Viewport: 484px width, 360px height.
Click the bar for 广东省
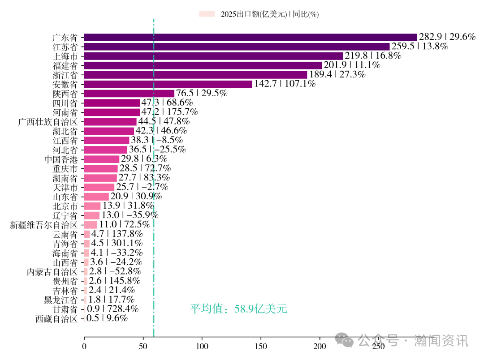[251, 37]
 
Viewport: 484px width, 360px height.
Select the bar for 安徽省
[168, 84]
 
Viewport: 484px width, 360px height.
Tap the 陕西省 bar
[129, 94]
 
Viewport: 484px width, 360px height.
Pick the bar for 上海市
[213, 56]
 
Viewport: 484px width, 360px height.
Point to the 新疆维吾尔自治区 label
[44, 225]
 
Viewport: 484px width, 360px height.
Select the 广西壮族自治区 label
[48, 122]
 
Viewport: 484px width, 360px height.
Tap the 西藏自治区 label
[56, 319]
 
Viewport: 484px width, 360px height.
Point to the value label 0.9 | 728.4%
[112, 309]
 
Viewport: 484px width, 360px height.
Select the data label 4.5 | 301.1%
[117, 244]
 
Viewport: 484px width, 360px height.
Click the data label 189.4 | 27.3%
[337, 75]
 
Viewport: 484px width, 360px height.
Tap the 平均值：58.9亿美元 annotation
[238, 309]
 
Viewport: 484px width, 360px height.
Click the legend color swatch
[207, 14]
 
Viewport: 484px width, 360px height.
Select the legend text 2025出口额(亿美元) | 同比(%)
[269, 14]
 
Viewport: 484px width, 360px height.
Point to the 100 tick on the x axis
[202, 346]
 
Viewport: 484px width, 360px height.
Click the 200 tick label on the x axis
[320, 346]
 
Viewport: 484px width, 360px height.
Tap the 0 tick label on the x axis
[84, 346]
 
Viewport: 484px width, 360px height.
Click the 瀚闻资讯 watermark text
[441, 341]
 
